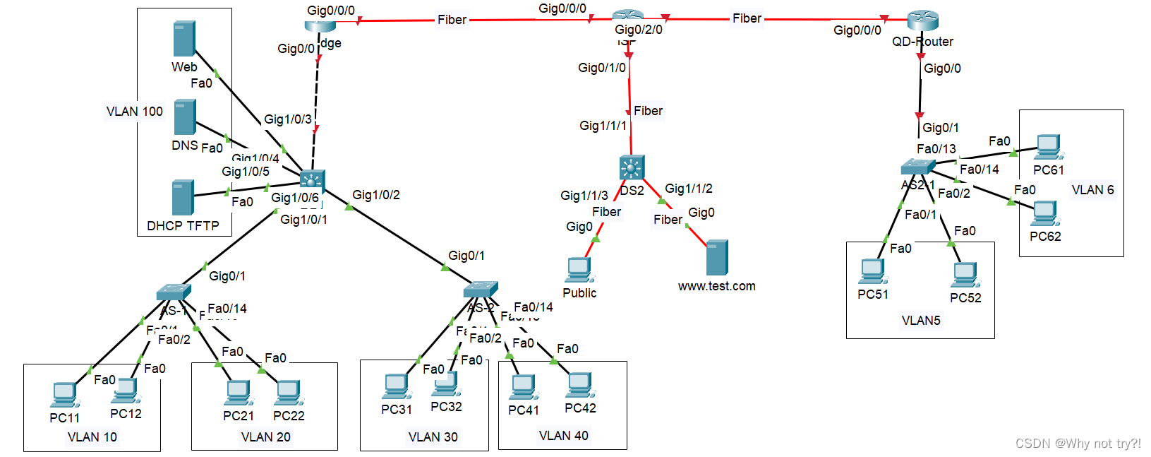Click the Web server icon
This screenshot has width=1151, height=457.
183,39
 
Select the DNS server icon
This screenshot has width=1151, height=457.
184,117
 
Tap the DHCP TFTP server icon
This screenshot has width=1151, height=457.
182,197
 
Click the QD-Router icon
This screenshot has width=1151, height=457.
922,21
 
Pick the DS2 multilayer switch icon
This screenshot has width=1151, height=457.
632,168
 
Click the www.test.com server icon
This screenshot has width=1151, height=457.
716,258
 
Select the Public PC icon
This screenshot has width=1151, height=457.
579,270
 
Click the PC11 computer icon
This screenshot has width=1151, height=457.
64,395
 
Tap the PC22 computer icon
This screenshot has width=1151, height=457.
288,393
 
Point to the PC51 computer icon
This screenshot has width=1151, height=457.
872,272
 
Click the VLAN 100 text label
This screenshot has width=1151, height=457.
134,112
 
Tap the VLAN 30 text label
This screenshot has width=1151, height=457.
433,437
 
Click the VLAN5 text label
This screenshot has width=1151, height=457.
921,321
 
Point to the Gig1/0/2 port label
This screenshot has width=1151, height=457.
376,195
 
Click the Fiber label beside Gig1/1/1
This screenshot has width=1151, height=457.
648,111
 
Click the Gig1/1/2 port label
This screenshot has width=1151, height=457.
689,189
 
